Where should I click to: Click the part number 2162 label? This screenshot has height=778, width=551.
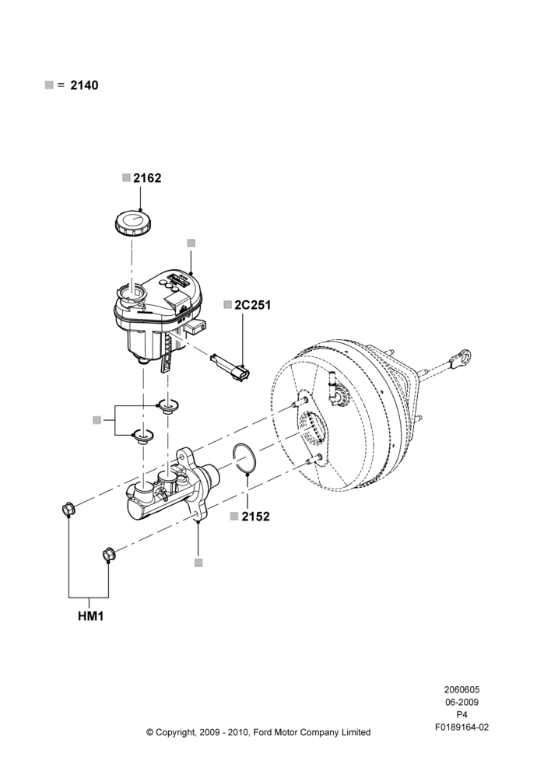click(147, 178)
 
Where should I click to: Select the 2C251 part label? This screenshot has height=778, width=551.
click(253, 305)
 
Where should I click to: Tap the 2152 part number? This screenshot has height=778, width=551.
click(255, 517)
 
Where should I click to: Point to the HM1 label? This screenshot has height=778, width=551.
click(91, 616)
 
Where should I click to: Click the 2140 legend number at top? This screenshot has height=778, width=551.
click(84, 86)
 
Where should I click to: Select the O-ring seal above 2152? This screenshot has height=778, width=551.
click(244, 457)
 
